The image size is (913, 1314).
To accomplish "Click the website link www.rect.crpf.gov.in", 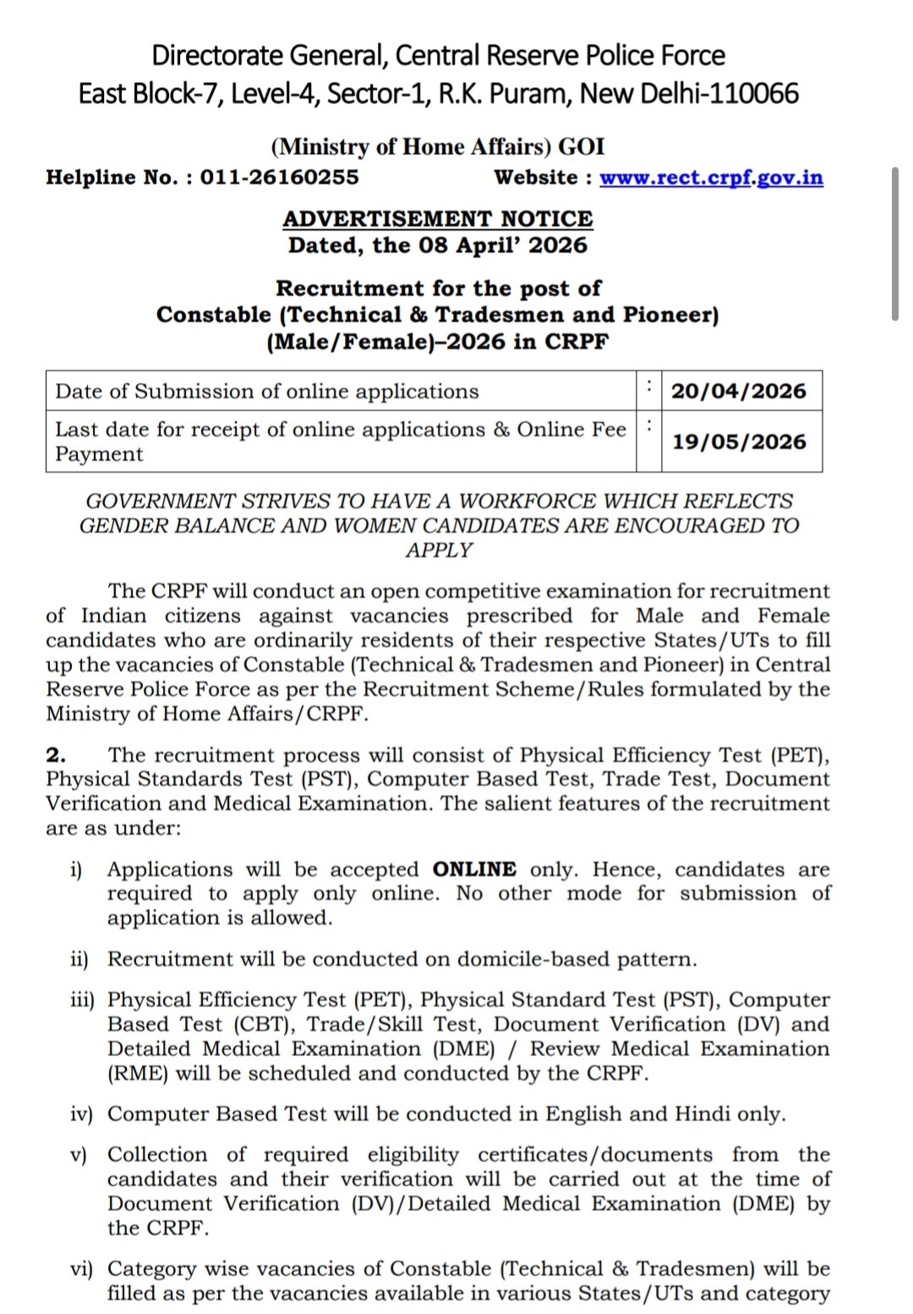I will [711, 178].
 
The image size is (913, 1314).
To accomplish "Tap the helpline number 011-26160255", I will [279, 178].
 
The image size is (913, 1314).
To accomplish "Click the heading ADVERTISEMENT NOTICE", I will [438, 219].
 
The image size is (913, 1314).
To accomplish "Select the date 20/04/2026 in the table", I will [739, 391].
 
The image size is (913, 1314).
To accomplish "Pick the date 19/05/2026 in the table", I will [739, 442].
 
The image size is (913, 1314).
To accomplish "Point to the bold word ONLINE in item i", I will [474, 870].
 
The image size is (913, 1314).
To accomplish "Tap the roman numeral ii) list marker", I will [79, 960].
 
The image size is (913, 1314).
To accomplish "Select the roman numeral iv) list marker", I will [80, 1114].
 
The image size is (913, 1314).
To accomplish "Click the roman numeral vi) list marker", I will [81, 1269].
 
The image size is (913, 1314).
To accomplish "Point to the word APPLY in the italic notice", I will [439, 550].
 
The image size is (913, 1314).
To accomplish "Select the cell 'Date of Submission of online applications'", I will [267, 391].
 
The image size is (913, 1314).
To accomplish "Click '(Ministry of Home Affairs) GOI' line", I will [438, 147].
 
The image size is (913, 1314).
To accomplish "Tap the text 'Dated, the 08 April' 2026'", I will [438, 246].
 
